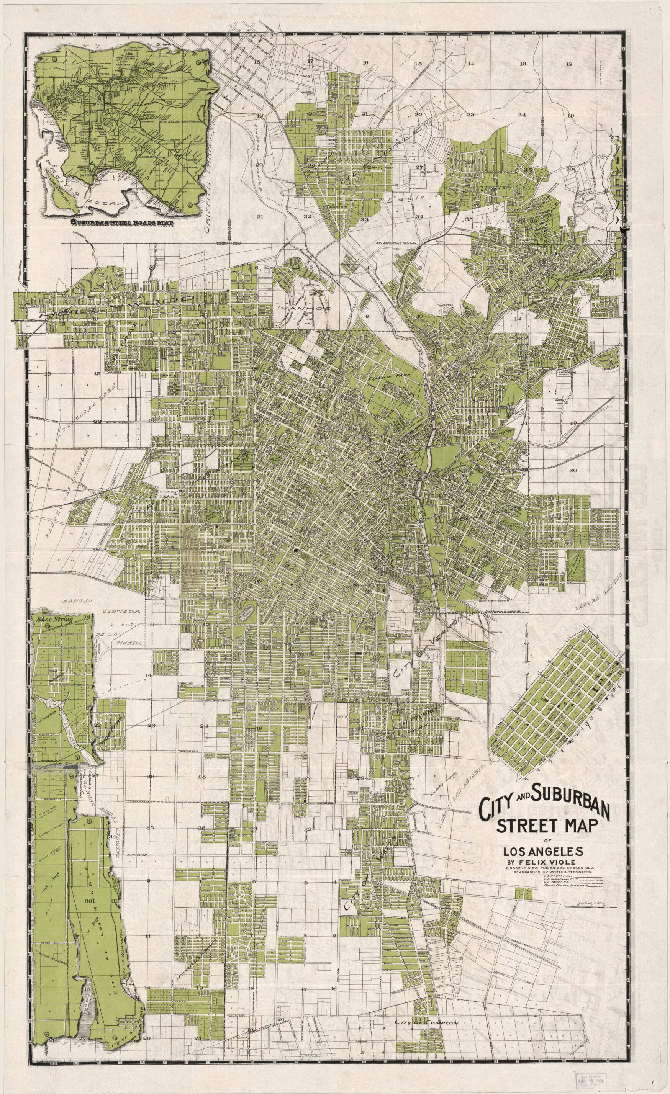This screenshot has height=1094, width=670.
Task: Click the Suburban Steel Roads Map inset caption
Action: tap(120, 223)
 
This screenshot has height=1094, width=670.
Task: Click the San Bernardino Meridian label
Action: tap(396, 243)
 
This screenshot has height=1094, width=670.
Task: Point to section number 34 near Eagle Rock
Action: tap(419, 217)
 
